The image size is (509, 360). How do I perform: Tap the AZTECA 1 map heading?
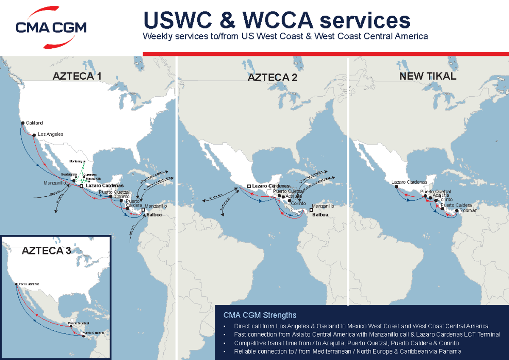point(77,77)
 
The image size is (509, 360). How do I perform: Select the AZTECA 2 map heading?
point(272,78)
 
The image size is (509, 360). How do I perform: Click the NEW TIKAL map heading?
point(428,76)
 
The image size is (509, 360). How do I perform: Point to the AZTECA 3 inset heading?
point(46,251)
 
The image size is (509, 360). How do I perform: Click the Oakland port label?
point(34,123)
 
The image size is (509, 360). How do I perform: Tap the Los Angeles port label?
point(50,134)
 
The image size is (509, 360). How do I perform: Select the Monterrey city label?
point(76,162)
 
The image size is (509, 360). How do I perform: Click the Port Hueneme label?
point(28,284)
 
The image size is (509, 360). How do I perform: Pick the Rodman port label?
point(468,210)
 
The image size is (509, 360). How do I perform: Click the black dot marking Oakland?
point(22,123)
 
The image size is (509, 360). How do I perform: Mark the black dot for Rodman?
point(456,210)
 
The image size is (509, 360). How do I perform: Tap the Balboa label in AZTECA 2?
point(321,215)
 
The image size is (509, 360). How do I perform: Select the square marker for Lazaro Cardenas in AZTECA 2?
point(249,186)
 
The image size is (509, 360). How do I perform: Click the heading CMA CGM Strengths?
point(260,315)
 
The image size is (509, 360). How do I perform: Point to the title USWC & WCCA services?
point(277,20)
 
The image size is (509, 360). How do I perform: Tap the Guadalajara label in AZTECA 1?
point(69,174)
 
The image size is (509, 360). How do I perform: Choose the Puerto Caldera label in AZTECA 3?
point(93,333)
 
